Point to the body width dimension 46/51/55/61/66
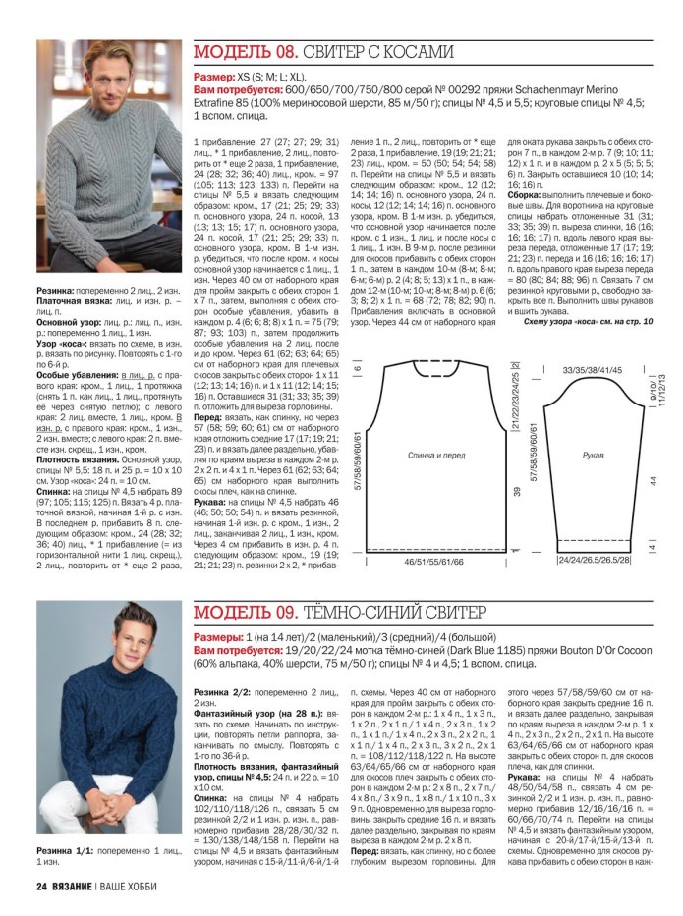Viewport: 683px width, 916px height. pyautogui.click(x=432, y=565)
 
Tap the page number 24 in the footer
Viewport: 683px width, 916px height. pyautogui.click(x=41, y=888)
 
